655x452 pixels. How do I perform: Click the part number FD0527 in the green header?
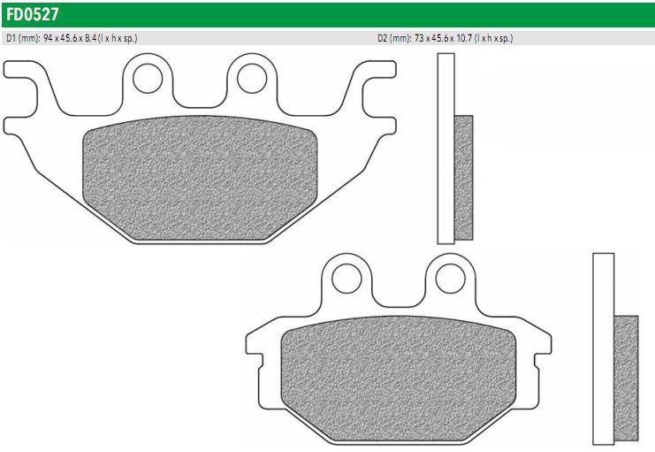[x=33, y=15]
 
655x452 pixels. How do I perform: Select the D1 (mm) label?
[x=23, y=38]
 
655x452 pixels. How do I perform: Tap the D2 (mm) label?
[x=395, y=38]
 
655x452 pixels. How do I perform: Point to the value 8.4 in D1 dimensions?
[x=91, y=38]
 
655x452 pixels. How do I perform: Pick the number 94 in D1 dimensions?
[x=48, y=38]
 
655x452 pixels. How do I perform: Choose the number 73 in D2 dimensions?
[x=419, y=38]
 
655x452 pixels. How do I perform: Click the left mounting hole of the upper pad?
[x=148, y=78]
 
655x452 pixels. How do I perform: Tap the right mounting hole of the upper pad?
[x=252, y=78]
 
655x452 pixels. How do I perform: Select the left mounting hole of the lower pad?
[x=347, y=278]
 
